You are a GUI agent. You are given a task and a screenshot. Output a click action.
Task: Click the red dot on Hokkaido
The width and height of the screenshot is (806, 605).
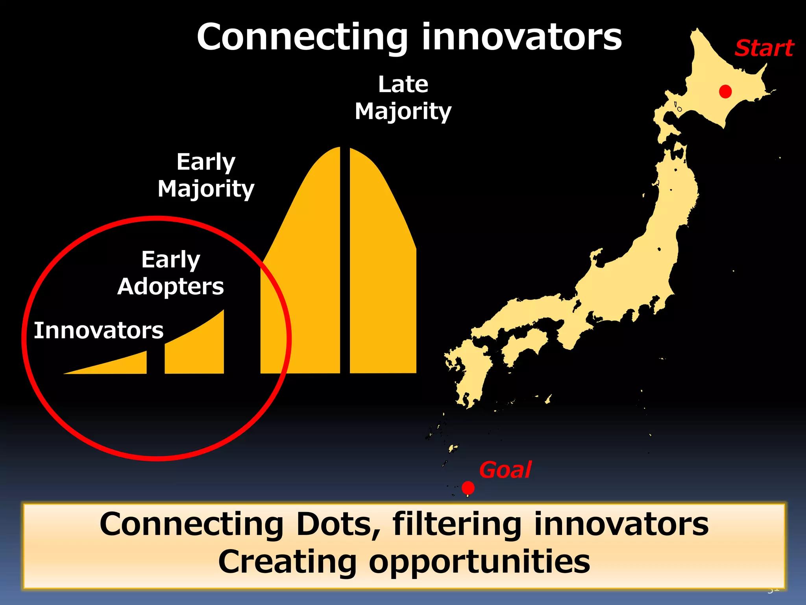[x=725, y=91]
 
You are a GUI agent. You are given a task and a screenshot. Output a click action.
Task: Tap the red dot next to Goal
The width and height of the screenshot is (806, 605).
[x=468, y=488]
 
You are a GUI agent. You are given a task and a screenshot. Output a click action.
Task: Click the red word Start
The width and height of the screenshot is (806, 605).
[x=764, y=48]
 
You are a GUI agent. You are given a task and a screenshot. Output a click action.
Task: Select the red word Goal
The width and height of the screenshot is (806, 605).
[x=505, y=470]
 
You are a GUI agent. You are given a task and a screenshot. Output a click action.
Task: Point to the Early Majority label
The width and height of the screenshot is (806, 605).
[x=206, y=175]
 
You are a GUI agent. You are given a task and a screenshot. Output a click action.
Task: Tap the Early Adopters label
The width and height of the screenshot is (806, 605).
[x=170, y=273]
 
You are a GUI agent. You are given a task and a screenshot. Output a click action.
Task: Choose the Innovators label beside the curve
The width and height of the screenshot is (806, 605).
[x=98, y=330]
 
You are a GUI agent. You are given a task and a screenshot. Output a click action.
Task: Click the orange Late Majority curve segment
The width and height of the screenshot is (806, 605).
[x=382, y=276]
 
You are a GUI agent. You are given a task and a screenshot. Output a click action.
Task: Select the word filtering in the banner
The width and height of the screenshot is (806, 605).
[x=457, y=524]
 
